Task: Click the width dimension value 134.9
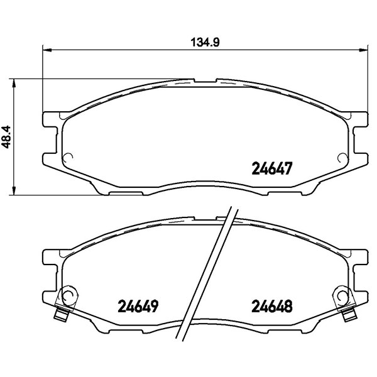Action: (x=205, y=43)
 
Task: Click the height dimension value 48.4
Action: (x=6, y=137)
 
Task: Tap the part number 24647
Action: (x=271, y=168)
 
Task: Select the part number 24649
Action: (x=138, y=306)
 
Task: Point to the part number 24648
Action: (x=272, y=306)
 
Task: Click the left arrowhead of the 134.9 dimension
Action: (x=47, y=50)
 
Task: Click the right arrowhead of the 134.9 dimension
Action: (x=363, y=50)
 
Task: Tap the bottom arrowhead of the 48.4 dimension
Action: (x=14, y=190)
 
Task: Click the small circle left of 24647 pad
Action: (x=68, y=157)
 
